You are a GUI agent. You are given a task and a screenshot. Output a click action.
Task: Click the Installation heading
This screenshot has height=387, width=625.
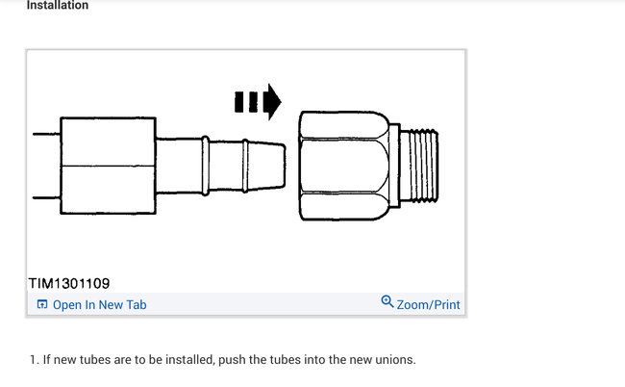[x=58, y=5]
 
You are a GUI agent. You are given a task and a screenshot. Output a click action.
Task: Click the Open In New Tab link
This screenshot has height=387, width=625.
[x=100, y=305]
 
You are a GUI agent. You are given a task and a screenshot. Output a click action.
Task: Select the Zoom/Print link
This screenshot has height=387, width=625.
[x=428, y=305]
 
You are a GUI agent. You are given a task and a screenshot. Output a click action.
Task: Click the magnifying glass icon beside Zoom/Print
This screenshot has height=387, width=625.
[x=387, y=301]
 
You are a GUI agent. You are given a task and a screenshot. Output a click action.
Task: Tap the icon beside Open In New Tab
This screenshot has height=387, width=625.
[x=42, y=304]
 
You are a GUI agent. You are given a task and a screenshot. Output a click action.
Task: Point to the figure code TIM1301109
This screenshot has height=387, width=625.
[x=69, y=284]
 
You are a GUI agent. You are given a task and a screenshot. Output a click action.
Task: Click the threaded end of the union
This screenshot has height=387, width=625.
[x=419, y=165]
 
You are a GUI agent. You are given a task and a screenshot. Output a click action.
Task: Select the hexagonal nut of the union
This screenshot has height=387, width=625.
[x=344, y=166]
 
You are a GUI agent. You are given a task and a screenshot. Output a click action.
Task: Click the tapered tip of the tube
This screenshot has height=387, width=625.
[x=267, y=165]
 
